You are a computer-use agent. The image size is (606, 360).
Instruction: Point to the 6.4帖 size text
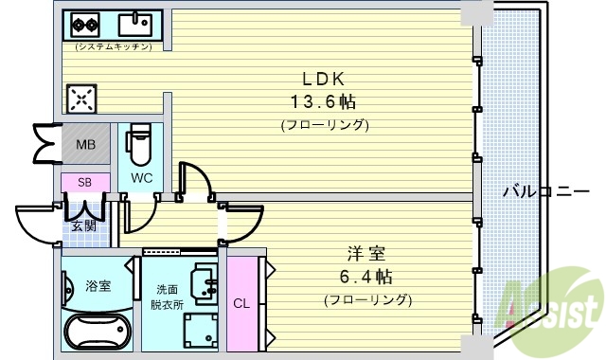tap(366, 277)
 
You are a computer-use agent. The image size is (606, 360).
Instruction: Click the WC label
tap(142, 177)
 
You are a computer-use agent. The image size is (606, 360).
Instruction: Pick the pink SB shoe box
tap(84, 182)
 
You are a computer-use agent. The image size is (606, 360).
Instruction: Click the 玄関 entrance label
tap(83, 225)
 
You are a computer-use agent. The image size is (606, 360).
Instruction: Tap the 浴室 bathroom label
tap(98, 285)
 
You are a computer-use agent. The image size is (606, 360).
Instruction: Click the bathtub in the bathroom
tap(98, 334)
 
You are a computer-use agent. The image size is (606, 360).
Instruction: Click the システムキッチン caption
tap(114, 45)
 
